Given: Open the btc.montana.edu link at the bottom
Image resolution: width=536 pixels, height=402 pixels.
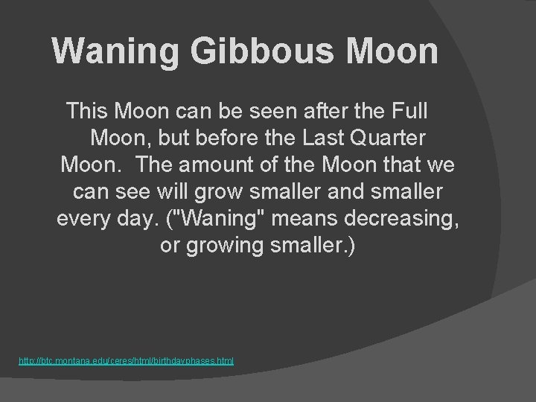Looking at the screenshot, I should click(126, 361).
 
